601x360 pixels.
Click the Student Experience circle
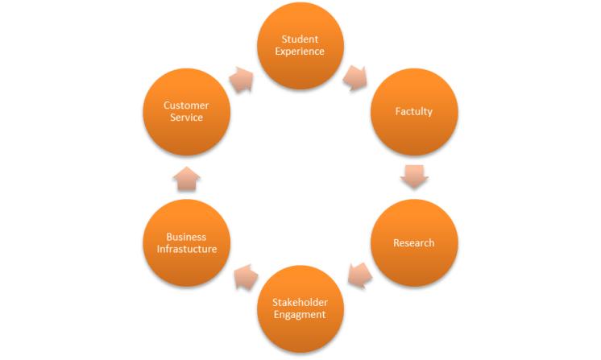click(301, 45)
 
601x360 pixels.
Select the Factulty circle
click(414, 111)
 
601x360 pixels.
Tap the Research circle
click(414, 243)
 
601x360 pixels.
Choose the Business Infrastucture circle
click(187, 243)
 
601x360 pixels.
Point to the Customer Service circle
click(187, 111)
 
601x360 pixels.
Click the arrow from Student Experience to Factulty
click(354, 77)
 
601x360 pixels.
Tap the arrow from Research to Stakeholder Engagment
click(359, 275)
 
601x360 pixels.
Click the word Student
click(301, 39)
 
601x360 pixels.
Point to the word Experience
click(301, 52)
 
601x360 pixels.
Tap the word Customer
click(187, 105)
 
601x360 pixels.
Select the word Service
click(187, 118)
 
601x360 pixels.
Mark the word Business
click(187, 237)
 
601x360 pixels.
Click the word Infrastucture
click(187, 250)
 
